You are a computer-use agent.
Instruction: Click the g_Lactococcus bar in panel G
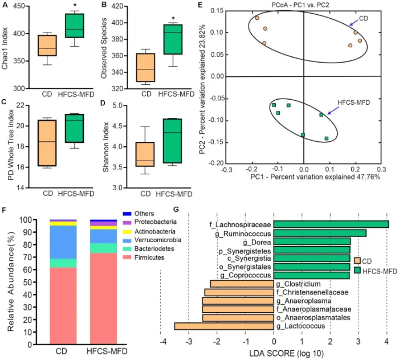(223, 326)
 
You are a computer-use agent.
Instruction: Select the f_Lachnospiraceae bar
(331, 224)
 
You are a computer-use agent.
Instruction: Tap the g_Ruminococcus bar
(320, 233)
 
